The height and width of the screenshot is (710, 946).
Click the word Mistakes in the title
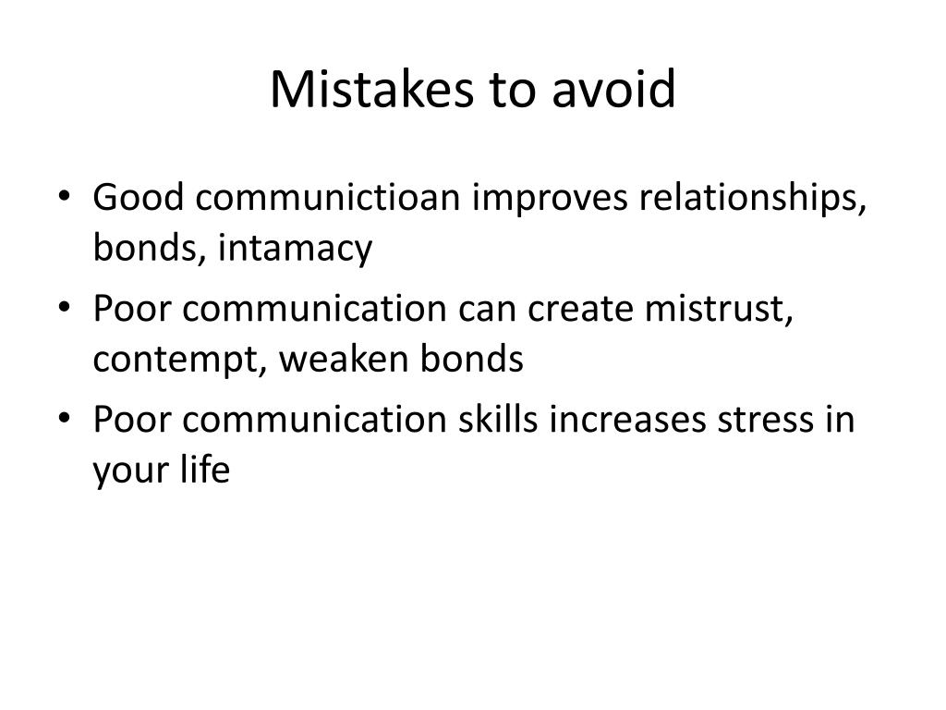371,90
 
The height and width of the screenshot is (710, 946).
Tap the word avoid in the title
613,90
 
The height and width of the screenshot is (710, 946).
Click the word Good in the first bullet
139,197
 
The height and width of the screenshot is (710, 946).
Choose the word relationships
753,198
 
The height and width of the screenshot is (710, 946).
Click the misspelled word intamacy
295,249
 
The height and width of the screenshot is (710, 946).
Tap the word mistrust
719,309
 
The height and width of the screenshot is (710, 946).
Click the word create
580,309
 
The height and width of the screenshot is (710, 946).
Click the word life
205,469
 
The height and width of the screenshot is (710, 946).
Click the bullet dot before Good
64,196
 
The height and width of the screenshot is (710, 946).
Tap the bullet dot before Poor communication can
64,307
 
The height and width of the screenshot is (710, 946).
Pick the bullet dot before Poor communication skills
64,418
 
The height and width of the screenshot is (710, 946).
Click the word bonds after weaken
472,359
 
